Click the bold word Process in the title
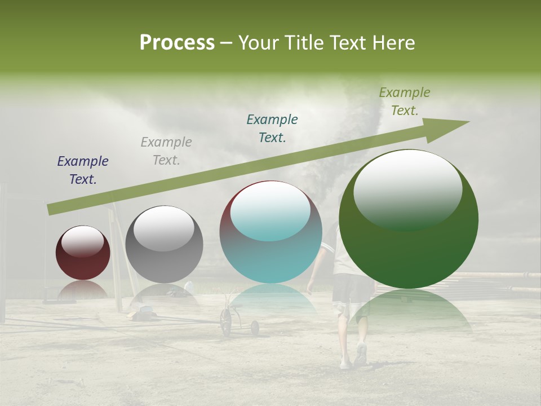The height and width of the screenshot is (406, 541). point(177,42)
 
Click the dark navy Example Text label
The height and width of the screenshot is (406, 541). point(83,170)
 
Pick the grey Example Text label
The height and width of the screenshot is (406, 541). point(166,151)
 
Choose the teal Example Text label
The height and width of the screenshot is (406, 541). point(272,128)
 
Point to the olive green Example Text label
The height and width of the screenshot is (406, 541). point(405,101)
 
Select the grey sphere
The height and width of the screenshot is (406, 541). point(164,248)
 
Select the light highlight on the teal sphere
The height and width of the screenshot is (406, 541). point(270,210)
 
